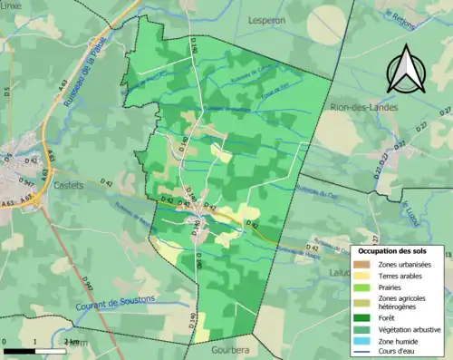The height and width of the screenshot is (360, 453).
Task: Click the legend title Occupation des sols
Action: point(400,250)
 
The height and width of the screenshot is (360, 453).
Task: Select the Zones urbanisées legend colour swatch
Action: point(363,263)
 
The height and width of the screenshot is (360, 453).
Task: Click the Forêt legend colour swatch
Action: point(363,316)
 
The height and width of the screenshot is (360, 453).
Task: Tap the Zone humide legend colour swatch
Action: point(363,340)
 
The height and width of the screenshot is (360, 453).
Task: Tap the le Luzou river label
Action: point(410,209)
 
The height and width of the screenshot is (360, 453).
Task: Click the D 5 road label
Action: point(5,90)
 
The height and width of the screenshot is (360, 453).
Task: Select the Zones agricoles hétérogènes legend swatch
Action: point(363,301)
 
